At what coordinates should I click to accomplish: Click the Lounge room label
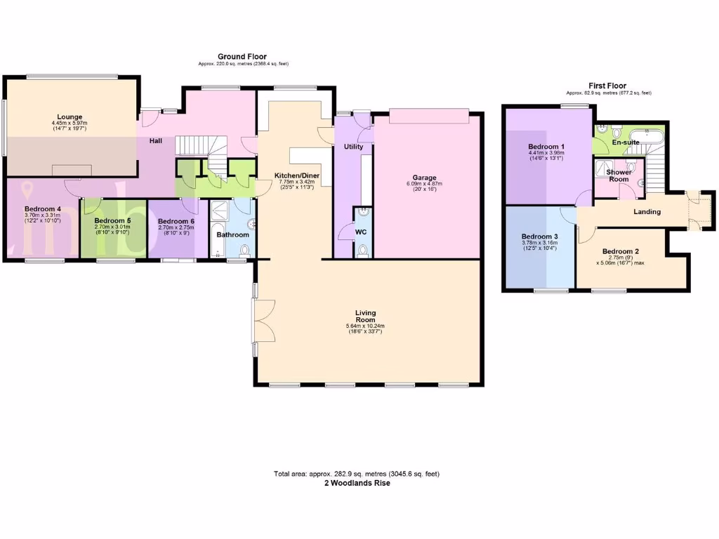click(70, 117)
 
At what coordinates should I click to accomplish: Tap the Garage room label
click(424, 178)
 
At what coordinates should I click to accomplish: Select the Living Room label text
click(365, 317)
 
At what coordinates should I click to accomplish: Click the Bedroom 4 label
click(43, 209)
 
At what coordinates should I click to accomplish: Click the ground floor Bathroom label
click(232, 234)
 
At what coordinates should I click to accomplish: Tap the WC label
click(361, 231)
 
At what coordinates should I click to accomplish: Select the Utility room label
click(353, 147)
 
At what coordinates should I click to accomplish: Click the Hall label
click(156, 141)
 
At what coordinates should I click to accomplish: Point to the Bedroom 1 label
click(546, 147)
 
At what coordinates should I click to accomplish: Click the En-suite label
click(626, 142)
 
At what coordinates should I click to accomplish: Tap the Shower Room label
click(619, 175)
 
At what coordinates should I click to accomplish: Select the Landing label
click(647, 211)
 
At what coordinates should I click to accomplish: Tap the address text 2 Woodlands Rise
click(357, 483)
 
